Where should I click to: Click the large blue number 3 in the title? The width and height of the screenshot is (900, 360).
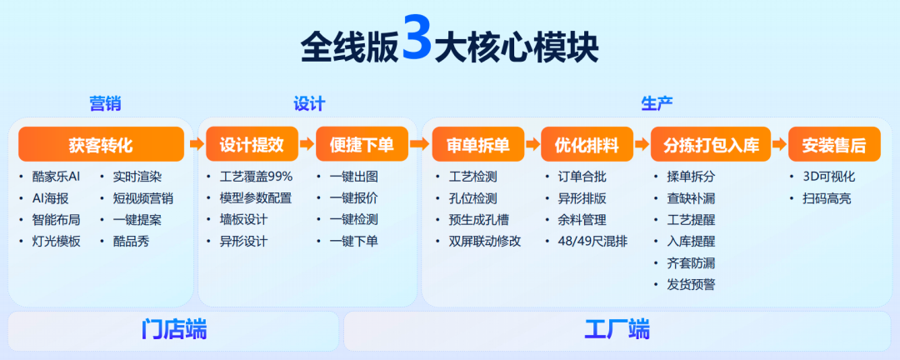[x=416, y=37]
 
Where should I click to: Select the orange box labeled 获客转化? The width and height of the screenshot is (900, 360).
[x=101, y=144]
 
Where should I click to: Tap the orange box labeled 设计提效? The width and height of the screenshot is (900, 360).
[x=252, y=144]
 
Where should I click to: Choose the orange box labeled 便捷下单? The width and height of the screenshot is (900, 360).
[x=362, y=144]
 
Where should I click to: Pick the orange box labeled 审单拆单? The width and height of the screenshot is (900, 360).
[x=478, y=144]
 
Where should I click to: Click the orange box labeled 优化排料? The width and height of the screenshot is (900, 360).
[x=587, y=144]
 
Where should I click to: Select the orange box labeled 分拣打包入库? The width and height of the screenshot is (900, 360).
[x=711, y=144]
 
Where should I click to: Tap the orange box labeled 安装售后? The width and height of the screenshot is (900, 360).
[x=834, y=144]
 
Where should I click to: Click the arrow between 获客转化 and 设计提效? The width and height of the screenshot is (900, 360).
[x=195, y=144]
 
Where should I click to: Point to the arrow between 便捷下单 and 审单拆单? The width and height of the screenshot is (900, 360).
[x=420, y=144]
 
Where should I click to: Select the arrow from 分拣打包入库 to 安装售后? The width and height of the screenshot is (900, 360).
[x=780, y=144]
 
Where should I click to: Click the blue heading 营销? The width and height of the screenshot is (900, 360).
[x=105, y=104]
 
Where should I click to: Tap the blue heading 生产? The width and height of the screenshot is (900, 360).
[x=657, y=104]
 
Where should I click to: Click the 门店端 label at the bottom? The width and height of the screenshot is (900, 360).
[x=174, y=330]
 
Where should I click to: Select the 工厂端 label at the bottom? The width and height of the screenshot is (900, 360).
[x=617, y=330]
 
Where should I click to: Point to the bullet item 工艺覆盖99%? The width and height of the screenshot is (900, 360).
[x=256, y=177]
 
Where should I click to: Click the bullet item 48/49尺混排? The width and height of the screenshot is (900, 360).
[x=592, y=242]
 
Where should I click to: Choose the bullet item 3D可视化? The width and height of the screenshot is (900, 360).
[x=829, y=177]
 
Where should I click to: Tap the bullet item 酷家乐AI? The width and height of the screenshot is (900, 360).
[x=57, y=177]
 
